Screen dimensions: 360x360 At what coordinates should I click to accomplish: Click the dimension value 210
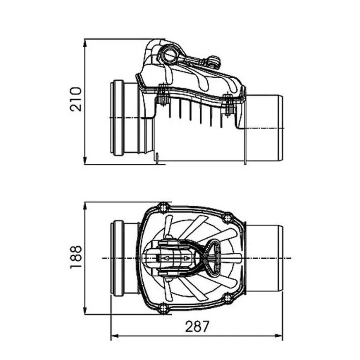coord(76,99)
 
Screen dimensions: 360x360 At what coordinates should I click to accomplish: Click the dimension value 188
coord(76,257)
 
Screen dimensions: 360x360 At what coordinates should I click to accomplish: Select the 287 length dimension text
coord(197,326)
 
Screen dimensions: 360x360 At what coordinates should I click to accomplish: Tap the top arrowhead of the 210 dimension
coord(85,43)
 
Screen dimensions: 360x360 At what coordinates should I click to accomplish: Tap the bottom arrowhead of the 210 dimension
coord(85,160)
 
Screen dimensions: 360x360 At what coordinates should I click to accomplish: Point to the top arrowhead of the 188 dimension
coord(85,206)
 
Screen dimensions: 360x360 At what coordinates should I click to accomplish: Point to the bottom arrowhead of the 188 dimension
coord(85,310)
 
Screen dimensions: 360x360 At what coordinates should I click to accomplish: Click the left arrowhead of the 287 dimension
coord(115,336)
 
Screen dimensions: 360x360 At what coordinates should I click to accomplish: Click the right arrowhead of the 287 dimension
coord(279,336)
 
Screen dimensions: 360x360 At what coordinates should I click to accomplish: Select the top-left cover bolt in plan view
coord(163,208)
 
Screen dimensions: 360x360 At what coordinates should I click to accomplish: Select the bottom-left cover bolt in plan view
coord(163,308)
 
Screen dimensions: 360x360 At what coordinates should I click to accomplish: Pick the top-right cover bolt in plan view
coord(228,218)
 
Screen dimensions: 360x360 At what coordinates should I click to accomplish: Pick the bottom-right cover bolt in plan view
coord(228,298)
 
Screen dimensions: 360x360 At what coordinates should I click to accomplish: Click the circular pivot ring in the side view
coord(169,55)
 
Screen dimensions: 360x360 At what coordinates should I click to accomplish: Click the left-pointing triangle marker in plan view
coord(167,258)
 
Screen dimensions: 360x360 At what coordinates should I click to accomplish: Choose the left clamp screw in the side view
coord(163,95)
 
